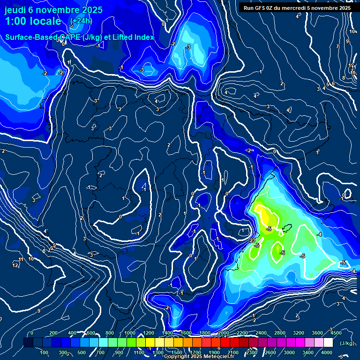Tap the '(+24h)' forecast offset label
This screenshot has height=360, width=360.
[81, 21]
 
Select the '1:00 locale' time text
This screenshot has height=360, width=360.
[32, 21]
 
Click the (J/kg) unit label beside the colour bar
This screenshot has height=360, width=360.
[347, 344]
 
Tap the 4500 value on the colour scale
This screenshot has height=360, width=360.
[336, 333]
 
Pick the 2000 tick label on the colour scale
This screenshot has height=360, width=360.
[223, 333]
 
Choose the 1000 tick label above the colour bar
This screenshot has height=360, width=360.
[129, 333]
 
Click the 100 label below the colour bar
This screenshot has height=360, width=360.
[45, 352]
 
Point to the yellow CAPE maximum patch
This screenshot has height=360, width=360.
[266, 217]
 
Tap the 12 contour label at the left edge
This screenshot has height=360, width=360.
[15, 265]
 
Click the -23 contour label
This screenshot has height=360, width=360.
[252, 240]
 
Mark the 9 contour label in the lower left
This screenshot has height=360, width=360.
[38, 311]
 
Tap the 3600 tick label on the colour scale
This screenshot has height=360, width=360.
[317, 333]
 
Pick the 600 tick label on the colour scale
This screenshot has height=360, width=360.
[91, 333]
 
